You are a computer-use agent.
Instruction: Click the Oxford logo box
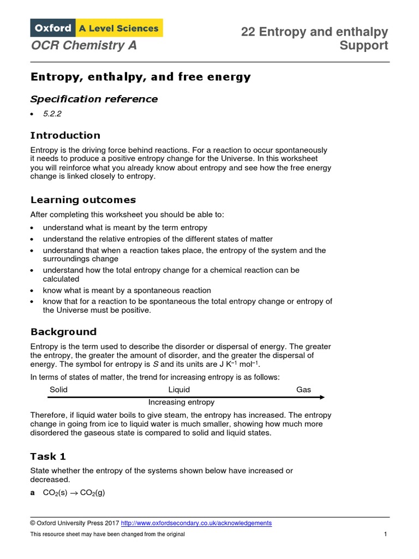tap(52, 28)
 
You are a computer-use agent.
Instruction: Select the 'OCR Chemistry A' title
tap(83, 45)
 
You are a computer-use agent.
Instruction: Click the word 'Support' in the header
tap(364, 45)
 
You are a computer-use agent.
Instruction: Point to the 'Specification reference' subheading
tap(94, 99)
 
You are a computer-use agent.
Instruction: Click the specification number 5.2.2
tap(50, 114)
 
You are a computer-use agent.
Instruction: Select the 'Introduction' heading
tap(65, 135)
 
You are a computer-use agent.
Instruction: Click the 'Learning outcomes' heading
tap(83, 200)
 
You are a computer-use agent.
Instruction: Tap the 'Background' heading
tap(63, 332)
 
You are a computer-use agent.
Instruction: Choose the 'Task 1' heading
tap(48, 456)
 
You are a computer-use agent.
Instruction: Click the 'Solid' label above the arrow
tap(58, 390)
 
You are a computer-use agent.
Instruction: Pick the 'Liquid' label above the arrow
tap(179, 390)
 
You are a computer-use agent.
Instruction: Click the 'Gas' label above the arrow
tap(303, 390)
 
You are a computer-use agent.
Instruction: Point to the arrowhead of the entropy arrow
tap(322, 397)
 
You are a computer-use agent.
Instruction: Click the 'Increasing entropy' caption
tap(181, 402)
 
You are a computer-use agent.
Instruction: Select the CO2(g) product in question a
tap(92, 492)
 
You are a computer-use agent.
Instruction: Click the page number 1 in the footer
tap(386, 534)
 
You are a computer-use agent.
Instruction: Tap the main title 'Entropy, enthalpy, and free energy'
tap(140, 77)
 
